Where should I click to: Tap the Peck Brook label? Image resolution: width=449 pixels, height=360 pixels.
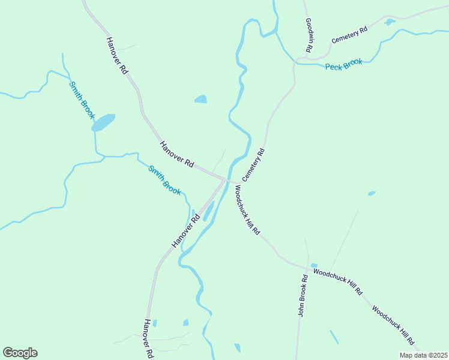pyautogui.click(x=343, y=64)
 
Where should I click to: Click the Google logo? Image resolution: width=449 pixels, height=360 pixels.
pyautogui.click(x=20, y=353)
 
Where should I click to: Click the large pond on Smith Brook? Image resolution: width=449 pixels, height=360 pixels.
pyautogui.click(x=103, y=122)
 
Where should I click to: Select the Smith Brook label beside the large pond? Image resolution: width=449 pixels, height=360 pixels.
pyautogui.click(x=82, y=100)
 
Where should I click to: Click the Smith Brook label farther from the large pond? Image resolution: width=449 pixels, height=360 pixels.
pyautogui.click(x=164, y=180)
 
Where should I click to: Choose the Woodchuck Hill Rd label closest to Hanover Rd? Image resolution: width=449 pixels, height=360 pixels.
pyautogui.click(x=247, y=210)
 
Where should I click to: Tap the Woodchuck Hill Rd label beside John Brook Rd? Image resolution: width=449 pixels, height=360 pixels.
pyautogui.click(x=338, y=281)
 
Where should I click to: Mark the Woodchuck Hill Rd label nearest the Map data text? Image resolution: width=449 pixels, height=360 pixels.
pyautogui.click(x=394, y=326)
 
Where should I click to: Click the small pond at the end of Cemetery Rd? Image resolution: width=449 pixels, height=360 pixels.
pyautogui.click(x=390, y=22)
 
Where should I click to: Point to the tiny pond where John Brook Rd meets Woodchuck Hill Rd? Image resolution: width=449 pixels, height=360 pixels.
pyautogui.click(x=314, y=265)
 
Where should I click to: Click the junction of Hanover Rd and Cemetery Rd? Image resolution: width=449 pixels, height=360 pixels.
pyautogui.click(x=226, y=179)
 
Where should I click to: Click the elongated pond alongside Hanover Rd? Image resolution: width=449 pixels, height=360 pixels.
pyautogui.click(x=208, y=211)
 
